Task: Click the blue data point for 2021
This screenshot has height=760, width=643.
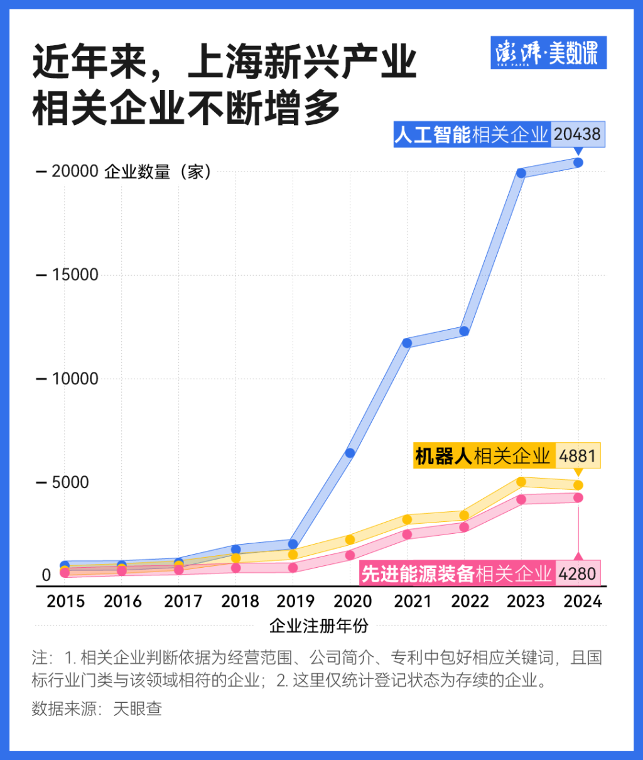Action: [x=407, y=343]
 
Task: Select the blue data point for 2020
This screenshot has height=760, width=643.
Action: [x=350, y=453]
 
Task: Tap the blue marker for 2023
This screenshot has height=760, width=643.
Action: [x=521, y=173]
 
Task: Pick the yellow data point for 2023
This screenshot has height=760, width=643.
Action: [x=521, y=482]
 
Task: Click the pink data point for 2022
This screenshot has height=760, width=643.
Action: [x=464, y=527]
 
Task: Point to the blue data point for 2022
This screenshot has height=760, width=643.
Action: [x=464, y=331]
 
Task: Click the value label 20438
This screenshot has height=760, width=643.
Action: [x=577, y=134]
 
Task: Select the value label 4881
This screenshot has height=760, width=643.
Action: [x=578, y=456]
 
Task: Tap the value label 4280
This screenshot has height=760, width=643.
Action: [x=577, y=573]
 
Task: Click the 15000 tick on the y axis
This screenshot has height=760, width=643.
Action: [x=74, y=275]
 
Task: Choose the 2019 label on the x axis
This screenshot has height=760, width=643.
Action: [x=296, y=601]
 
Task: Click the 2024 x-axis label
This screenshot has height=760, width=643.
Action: [x=583, y=601]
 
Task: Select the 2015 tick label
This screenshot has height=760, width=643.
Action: [x=66, y=601]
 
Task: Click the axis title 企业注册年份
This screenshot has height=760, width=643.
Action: [x=319, y=626]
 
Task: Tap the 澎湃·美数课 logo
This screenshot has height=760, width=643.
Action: [x=548, y=53]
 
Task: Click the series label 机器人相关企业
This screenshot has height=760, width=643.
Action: [x=482, y=456]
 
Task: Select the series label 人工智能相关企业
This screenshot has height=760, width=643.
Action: [x=472, y=134]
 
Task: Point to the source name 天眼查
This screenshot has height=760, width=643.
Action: [x=138, y=708]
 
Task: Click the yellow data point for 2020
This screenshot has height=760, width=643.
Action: [x=350, y=540]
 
